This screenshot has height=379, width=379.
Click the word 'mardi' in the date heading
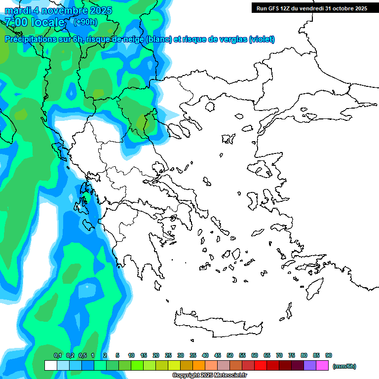coord(18,10)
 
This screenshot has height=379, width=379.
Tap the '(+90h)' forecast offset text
coord(85,22)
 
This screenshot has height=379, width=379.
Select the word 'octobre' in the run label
coord(341,8)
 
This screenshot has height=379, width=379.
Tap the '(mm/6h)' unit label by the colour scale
coord(344,366)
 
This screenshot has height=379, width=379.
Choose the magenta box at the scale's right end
coord(322,366)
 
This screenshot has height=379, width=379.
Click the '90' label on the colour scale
coord(329,355)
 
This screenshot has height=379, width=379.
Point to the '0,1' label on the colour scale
coord(57,355)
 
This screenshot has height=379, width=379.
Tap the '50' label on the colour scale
coord(230,355)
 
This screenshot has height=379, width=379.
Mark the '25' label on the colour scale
coord(168,355)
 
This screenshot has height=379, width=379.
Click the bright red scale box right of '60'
coord(261,366)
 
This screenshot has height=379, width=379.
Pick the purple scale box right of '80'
coord(310,366)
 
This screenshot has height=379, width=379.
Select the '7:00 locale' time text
coord(35,22)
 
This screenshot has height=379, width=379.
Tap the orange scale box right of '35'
coord(199,366)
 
